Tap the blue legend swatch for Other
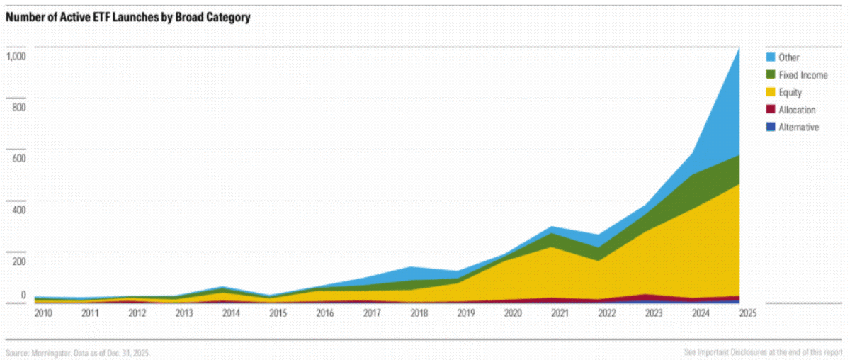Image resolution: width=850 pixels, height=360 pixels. click(771, 57)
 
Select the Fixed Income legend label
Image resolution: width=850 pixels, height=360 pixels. click(803, 75)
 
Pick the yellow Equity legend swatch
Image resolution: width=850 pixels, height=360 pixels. click(771, 92)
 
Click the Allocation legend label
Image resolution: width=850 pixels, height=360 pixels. click(797, 110)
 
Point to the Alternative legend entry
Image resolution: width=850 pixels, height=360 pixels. click(793, 128)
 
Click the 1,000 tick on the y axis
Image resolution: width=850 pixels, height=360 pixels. click(16, 57)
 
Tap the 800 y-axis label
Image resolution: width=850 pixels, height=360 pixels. click(19, 108)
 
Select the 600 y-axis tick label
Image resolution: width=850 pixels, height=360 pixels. click(19, 158)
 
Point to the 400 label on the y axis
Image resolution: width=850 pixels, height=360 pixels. click(19, 210)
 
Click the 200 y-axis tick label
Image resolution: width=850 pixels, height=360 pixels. click(19, 261)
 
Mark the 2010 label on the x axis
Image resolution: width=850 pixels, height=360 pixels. click(43, 313)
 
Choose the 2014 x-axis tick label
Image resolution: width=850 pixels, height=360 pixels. click(231, 313)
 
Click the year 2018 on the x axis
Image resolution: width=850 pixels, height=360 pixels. click(419, 313)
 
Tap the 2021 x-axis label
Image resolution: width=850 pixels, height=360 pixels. click(560, 313)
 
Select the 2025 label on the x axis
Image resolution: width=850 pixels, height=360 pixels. click(747, 313)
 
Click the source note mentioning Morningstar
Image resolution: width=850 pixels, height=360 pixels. click(78, 353)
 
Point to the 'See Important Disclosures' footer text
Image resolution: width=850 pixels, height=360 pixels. click(763, 352)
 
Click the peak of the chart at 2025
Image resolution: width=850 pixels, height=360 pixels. click(739, 48)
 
